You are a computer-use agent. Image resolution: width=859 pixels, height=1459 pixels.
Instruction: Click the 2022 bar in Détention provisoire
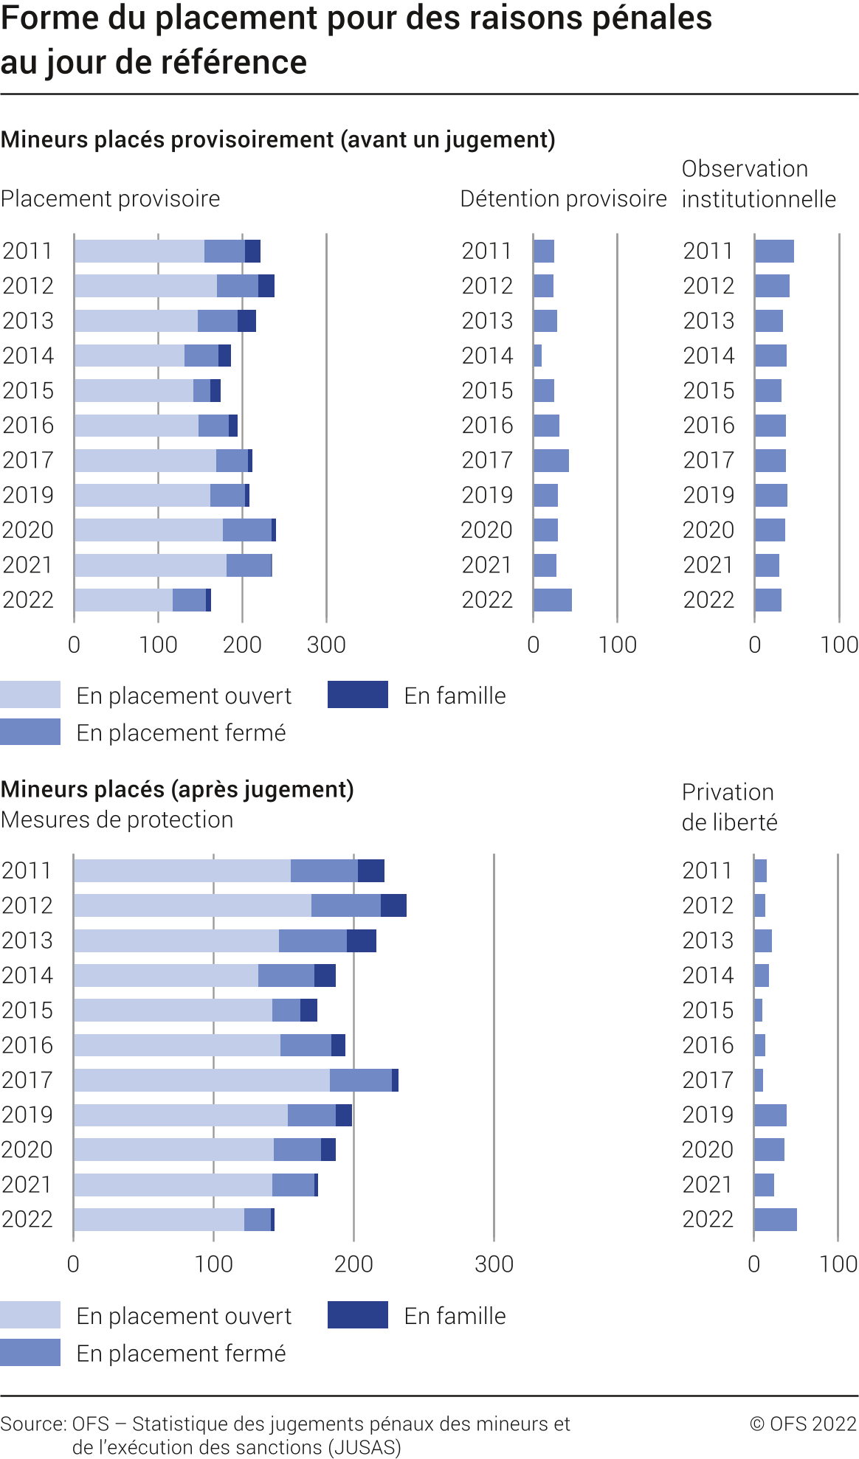tap(552, 600)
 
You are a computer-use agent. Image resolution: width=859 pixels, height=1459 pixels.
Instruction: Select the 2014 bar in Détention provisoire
tap(537, 356)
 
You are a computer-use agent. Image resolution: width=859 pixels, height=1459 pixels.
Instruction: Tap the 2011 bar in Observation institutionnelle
tap(774, 252)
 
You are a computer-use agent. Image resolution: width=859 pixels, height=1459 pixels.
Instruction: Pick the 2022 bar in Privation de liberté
tap(775, 1219)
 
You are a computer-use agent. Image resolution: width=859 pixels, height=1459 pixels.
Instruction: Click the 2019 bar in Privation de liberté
tap(770, 1115)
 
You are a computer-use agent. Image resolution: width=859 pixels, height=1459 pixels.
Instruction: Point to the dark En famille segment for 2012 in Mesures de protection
tap(393, 905)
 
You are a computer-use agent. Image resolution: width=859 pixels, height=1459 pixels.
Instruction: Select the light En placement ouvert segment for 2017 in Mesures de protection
tap(201, 1080)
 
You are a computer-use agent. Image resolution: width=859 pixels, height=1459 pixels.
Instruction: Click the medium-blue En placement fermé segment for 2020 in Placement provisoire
tap(247, 530)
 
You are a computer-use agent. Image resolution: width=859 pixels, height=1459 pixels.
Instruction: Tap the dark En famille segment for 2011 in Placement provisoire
tap(252, 252)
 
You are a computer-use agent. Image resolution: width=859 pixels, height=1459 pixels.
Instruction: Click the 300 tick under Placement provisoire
tap(326, 645)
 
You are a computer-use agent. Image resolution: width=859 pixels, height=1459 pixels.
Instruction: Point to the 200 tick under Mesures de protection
tap(353, 1264)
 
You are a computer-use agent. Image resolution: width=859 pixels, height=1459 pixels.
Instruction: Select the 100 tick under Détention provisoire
tap(617, 645)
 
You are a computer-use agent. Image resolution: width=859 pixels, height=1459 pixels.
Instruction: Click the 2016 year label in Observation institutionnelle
tap(708, 426)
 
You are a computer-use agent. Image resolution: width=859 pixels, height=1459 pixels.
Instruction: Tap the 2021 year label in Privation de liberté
tap(708, 1185)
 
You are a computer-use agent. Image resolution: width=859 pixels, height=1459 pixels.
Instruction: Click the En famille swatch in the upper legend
tap(358, 695)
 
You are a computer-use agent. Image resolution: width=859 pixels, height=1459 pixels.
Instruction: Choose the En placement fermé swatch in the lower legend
tap(30, 1353)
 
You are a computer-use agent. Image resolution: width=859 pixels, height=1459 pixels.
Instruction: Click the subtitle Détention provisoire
tap(563, 198)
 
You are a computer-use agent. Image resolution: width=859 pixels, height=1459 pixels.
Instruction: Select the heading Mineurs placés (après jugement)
tap(177, 789)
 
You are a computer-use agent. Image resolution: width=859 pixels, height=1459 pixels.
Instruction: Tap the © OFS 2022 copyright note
tap(803, 1423)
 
